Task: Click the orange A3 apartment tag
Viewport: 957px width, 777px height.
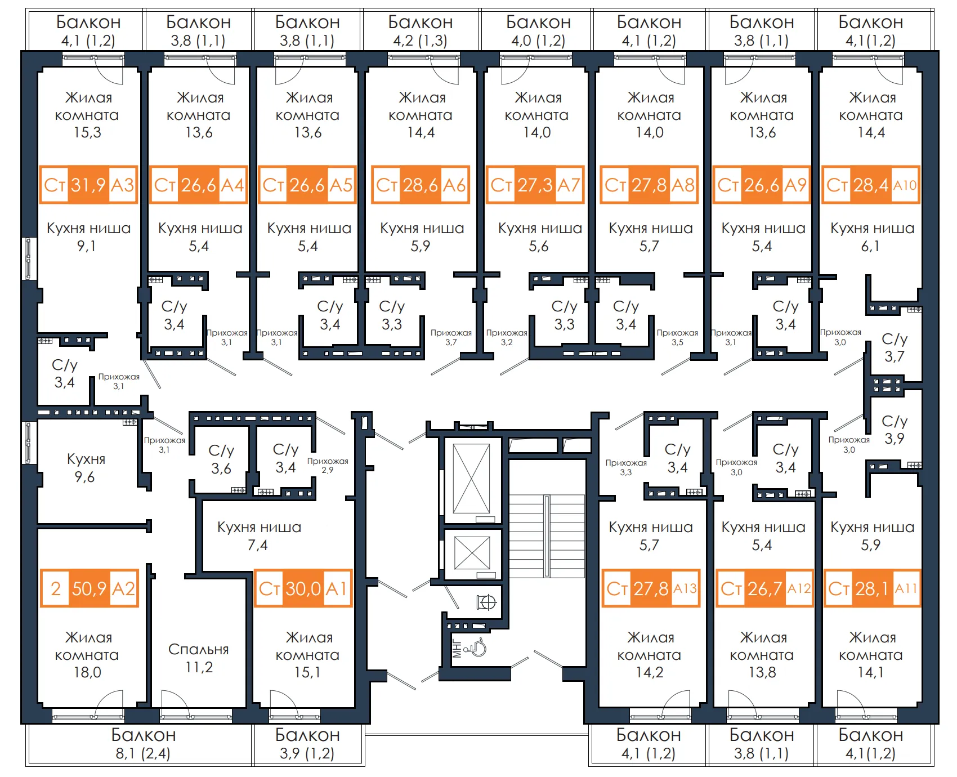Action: click(x=89, y=185)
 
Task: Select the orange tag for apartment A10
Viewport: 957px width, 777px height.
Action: click(x=871, y=185)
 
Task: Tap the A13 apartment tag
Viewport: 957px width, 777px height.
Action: click(x=651, y=588)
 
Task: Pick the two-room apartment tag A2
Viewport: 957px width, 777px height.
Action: click(x=89, y=588)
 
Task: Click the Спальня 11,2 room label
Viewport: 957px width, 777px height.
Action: click(x=199, y=658)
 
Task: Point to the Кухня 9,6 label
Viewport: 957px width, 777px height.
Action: click(x=86, y=468)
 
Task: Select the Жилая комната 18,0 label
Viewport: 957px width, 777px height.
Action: click(x=87, y=655)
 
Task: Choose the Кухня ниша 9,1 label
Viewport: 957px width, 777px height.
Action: click(x=88, y=237)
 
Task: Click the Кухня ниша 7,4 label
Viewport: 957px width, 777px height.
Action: click(x=259, y=536)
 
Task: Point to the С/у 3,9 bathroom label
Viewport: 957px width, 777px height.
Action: click(x=894, y=430)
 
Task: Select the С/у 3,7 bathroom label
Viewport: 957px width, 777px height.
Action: click(x=894, y=347)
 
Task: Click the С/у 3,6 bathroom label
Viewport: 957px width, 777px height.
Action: click(x=221, y=459)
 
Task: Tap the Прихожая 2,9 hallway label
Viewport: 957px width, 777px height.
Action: click(x=328, y=465)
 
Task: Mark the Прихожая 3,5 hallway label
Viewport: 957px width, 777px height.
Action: click(x=677, y=337)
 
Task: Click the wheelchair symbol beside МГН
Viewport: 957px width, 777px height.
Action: click(x=478, y=647)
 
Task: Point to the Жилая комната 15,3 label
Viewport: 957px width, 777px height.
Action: click(x=87, y=115)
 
